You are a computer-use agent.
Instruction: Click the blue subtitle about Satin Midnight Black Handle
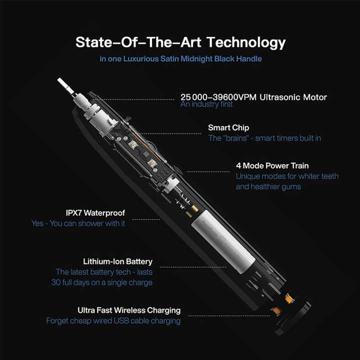(180, 59)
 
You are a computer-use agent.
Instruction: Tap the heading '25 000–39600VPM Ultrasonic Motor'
(253, 97)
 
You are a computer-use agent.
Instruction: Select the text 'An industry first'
(206, 104)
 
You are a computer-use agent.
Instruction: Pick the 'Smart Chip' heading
(228, 128)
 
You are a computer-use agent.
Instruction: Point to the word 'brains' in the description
(237, 138)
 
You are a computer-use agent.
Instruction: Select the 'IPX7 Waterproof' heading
(95, 212)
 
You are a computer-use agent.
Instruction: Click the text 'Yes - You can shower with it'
(78, 223)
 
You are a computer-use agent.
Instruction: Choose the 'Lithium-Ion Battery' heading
(117, 261)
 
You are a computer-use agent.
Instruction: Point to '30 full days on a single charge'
(104, 282)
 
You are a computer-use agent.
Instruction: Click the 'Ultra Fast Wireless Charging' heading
(129, 310)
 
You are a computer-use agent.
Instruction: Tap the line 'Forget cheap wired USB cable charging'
(113, 320)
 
